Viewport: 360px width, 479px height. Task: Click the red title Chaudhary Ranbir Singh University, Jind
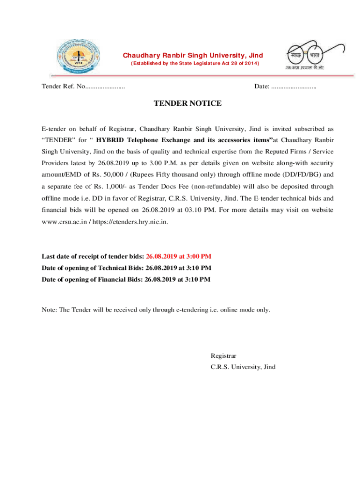click(193, 56)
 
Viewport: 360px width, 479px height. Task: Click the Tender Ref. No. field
click(83, 87)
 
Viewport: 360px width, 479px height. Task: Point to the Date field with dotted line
click(285, 87)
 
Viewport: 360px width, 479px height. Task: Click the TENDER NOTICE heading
click(187, 103)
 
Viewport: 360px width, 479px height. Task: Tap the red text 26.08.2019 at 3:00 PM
click(179, 256)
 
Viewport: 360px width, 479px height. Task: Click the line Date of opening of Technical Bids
click(126, 268)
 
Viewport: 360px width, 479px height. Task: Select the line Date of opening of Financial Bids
click(126, 280)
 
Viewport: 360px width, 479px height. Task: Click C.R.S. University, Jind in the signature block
click(243, 367)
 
